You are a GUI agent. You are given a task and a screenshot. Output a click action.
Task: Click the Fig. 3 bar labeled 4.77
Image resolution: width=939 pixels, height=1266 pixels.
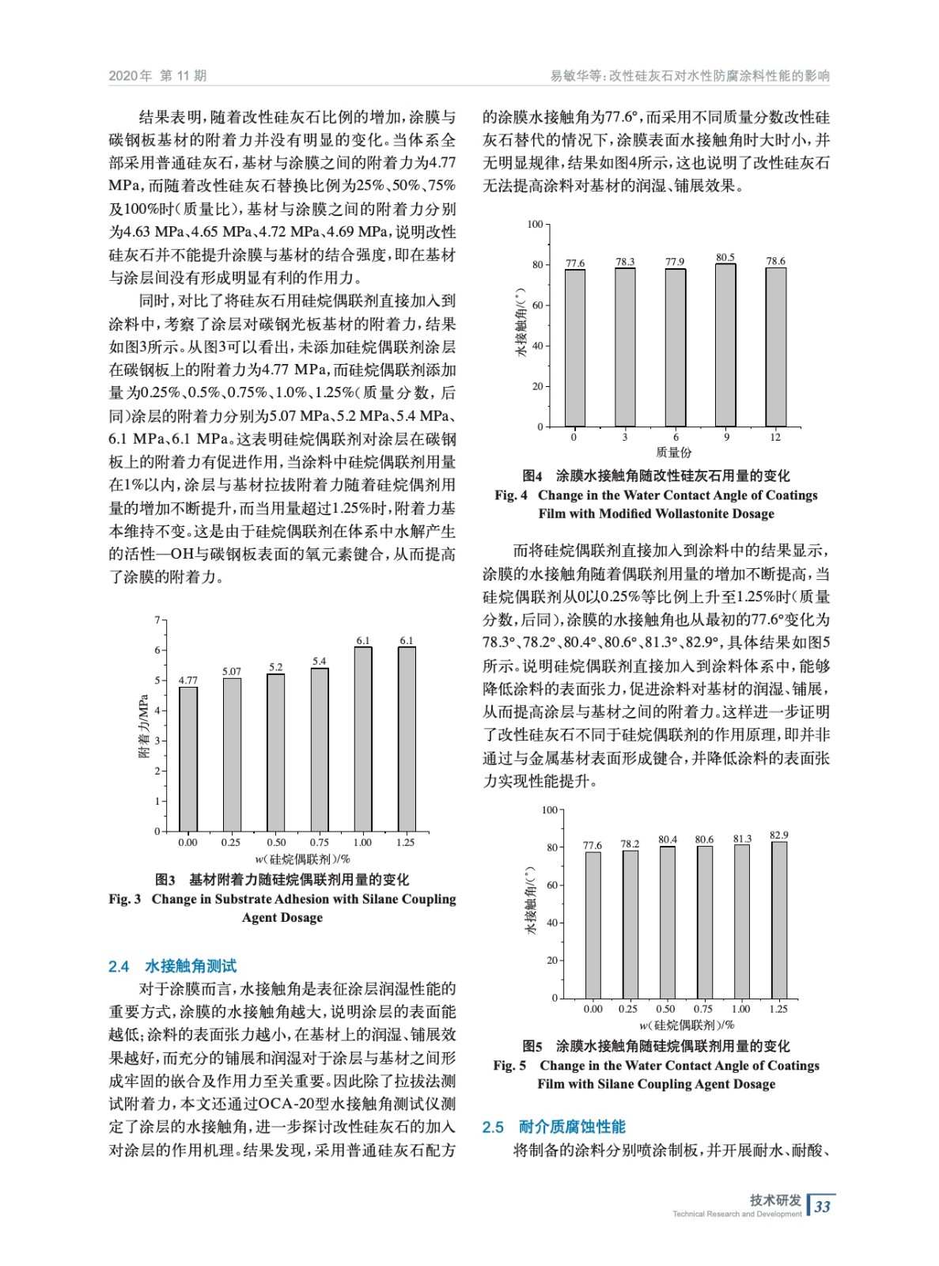pos(188,758)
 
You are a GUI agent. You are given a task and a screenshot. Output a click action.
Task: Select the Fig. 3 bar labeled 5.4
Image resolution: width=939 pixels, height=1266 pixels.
pos(320,749)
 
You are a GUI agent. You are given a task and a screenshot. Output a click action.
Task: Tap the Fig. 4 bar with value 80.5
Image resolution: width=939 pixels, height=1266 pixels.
pos(725,345)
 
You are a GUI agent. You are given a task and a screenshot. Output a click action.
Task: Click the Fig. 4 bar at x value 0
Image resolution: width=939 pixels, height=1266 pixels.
pos(575,348)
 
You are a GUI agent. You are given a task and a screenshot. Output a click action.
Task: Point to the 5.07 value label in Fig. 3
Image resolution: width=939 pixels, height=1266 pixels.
pos(232,672)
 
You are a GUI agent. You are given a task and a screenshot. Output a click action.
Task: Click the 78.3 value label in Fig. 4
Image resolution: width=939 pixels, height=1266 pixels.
pos(625,261)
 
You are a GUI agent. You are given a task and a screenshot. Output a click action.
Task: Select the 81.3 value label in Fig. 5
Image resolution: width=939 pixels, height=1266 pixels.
pos(742,839)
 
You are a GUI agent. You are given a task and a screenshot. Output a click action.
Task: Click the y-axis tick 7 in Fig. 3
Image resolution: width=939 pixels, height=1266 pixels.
pos(157,620)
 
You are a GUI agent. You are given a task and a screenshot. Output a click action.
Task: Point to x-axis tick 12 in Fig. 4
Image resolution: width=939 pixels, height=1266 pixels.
pos(775,438)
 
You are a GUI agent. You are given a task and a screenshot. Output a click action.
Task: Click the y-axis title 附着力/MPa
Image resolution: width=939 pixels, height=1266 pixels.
pos(144,726)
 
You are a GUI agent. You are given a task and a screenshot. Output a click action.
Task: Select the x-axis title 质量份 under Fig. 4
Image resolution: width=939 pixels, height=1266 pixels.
pos(674,453)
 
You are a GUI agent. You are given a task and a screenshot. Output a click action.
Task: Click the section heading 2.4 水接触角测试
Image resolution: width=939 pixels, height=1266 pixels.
pos(172,966)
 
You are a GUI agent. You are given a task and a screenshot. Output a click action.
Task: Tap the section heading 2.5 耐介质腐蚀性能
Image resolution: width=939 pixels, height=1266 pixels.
pos(554,1127)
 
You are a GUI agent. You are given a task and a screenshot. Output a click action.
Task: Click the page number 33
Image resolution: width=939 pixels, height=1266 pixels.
pos(823,1207)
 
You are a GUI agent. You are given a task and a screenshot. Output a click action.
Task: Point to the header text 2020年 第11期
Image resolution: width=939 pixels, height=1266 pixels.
pos(157,76)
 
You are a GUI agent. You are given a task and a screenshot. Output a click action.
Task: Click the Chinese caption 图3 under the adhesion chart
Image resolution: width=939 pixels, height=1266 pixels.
pos(165,879)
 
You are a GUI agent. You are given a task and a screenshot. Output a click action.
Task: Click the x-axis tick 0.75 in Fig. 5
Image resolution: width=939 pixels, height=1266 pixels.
pos(702,1009)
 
